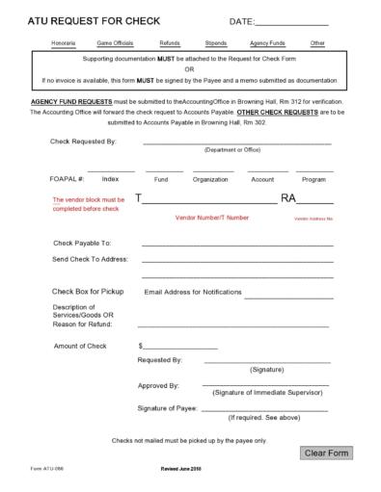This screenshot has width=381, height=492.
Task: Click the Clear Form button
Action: click(327, 453)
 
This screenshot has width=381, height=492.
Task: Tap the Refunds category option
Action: click(170, 44)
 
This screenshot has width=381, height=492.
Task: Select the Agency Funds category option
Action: click(266, 44)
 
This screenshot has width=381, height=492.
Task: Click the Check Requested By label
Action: click(84, 142)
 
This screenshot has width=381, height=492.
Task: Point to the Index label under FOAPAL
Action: click(110, 179)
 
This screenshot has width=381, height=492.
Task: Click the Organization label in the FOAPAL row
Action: click(210, 179)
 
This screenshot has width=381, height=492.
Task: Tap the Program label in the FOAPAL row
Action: click(313, 179)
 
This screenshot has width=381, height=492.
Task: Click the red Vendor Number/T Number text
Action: click(212, 218)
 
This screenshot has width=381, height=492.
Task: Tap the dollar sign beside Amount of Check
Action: click(141, 345)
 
